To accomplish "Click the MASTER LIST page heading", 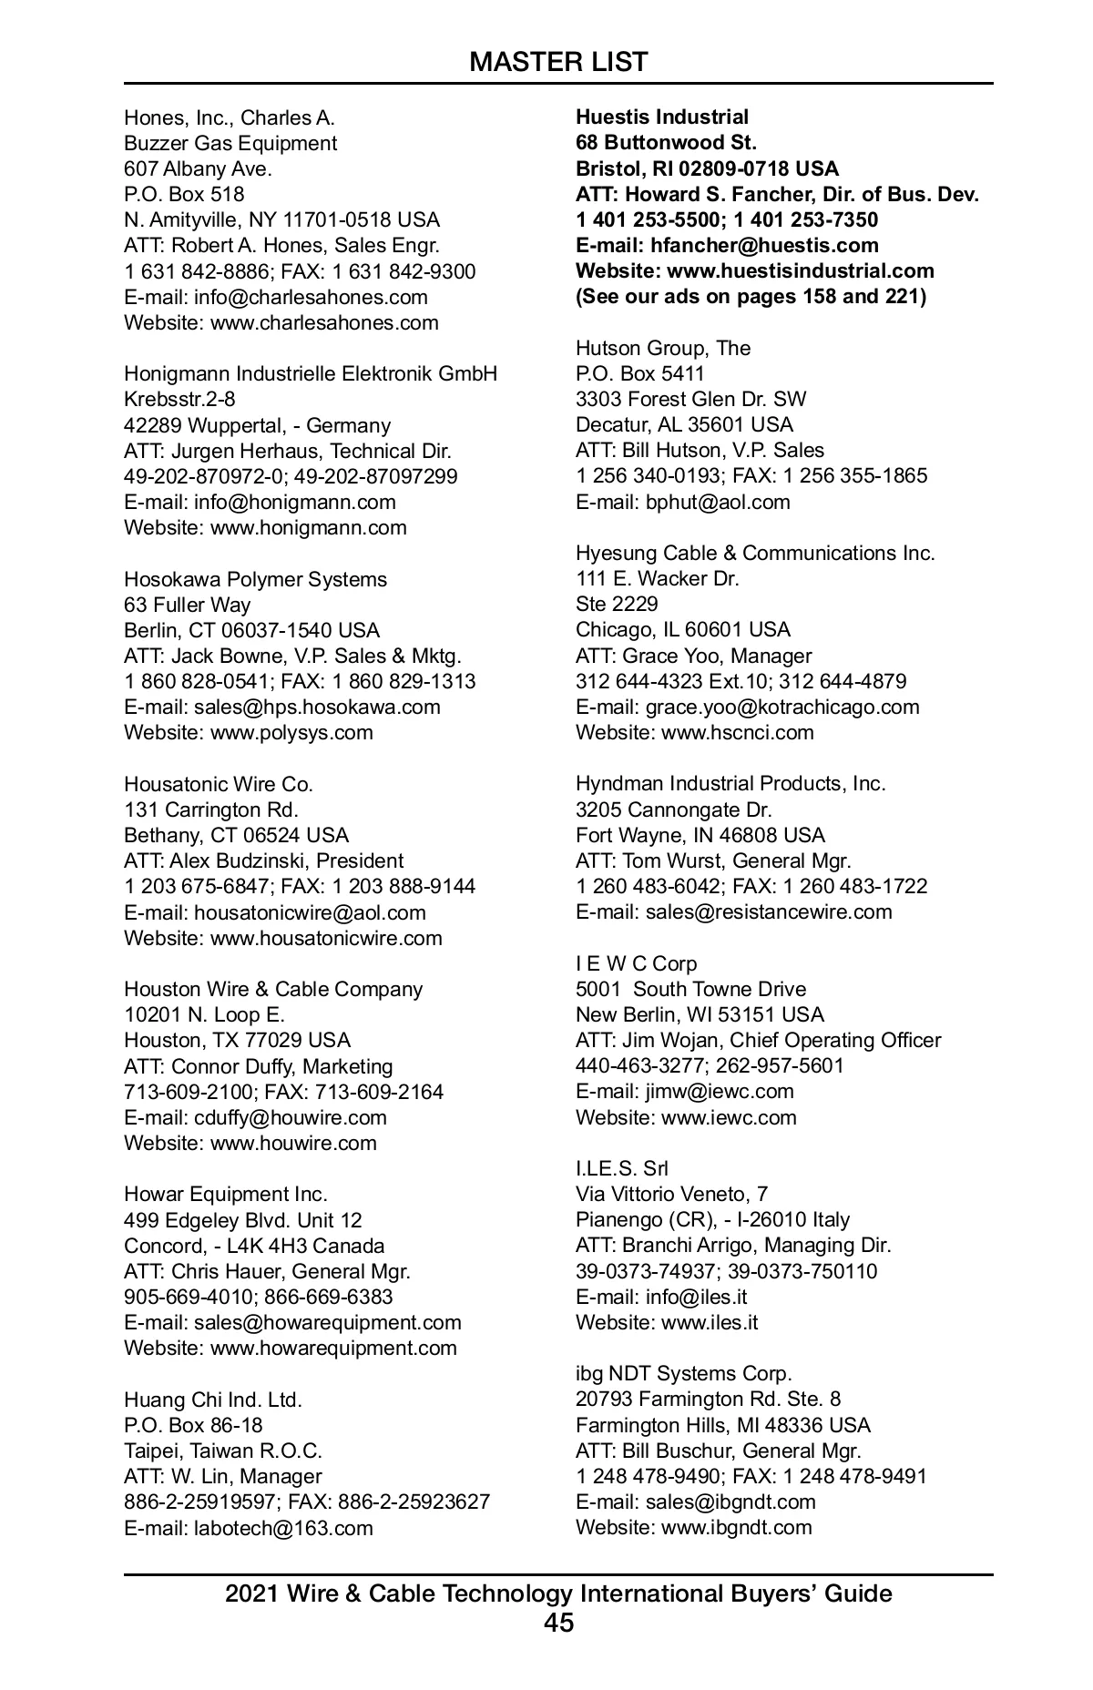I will (558, 62).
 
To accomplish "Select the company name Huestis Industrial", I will (662, 117).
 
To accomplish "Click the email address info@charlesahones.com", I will (311, 297).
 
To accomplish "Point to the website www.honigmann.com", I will (308, 528).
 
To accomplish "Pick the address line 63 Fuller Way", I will (187, 606).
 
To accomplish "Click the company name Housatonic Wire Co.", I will (219, 785).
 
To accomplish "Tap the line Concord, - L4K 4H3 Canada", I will (254, 1247).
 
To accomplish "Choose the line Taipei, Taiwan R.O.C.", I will (223, 1451).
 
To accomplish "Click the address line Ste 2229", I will (617, 605).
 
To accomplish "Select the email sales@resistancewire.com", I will (769, 912).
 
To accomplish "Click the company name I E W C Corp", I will (636, 964).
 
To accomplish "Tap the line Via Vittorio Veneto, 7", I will (671, 1195).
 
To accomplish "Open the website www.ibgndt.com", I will (736, 1528).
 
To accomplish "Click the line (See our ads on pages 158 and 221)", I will (751, 297).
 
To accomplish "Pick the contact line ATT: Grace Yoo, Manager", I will (693, 657).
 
